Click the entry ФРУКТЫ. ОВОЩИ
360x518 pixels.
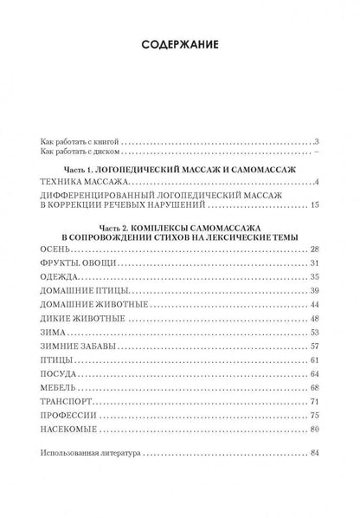[x=76, y=262]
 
